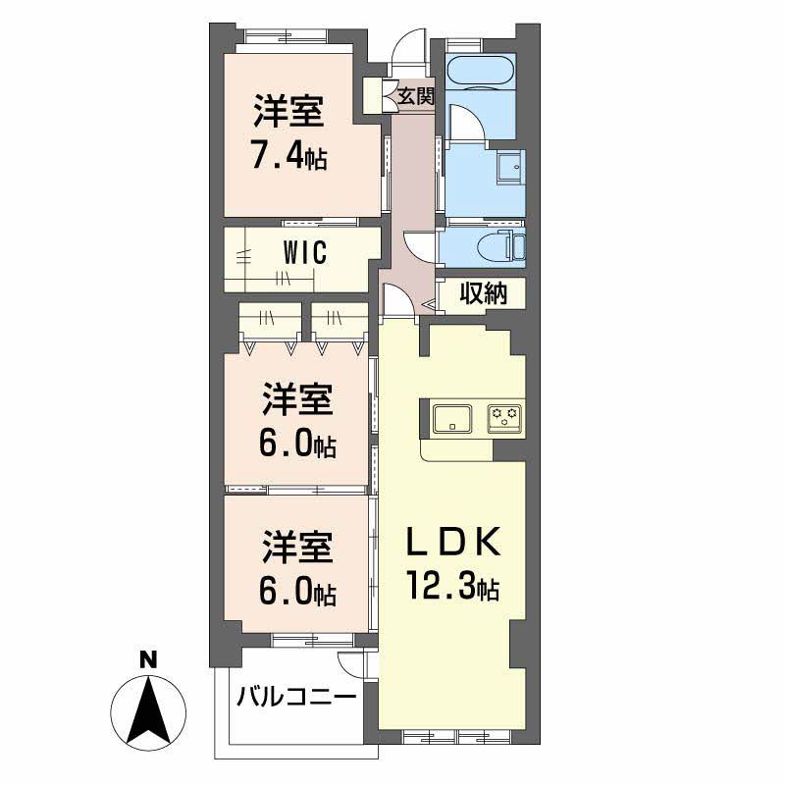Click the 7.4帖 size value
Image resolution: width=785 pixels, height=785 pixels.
288,156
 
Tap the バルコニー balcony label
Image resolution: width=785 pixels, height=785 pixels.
295,699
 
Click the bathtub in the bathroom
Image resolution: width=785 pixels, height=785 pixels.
478,72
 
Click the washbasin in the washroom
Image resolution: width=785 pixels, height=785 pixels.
509,168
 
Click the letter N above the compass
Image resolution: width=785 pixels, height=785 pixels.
148,660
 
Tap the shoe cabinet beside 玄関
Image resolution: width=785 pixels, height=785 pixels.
373,95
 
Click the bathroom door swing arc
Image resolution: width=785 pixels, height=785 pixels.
465,120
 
